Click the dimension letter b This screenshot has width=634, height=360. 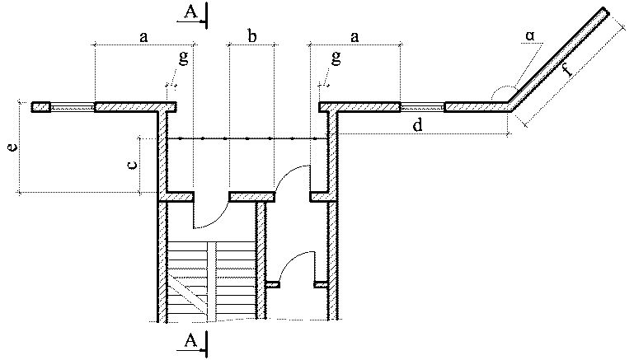[252, 36]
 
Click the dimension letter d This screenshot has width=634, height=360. [417, 125]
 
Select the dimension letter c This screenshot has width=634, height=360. [131, 165]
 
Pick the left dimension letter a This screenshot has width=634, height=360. [143, 36]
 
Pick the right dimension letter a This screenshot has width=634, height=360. [355, 36]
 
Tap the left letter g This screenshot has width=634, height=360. [182, 58]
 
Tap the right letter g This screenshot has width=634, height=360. [336, 58]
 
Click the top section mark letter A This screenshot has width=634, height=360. [189, 12]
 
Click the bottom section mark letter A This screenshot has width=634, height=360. [190, 340]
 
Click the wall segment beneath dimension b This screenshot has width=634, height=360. [252, 196]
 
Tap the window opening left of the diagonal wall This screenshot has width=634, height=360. [422, 107]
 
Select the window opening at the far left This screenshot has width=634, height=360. [72, 107]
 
